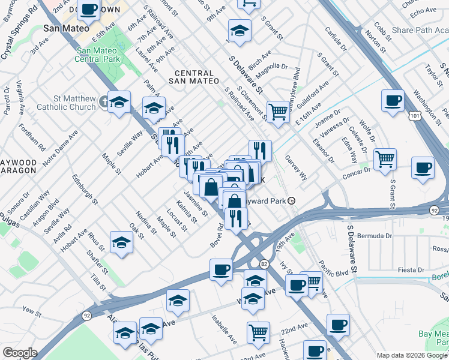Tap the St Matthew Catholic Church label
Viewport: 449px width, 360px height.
[x=66, y=103]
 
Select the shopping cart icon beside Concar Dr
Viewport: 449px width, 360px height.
[x=385, y=159]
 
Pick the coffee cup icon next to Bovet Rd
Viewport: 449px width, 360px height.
[x=221, y=269]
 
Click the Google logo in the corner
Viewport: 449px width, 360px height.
[x=20, y=353]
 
